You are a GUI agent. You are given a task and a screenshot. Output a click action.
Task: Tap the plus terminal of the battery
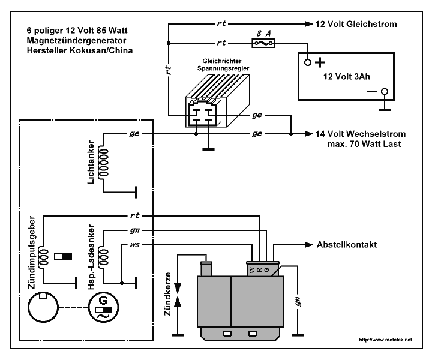pyautogui.click(x=308, y=62)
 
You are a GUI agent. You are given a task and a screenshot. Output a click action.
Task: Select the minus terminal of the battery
pyautogui.click(x=385, y=91)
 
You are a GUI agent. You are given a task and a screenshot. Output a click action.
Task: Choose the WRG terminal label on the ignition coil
pyautogui.click(x=260, y=270)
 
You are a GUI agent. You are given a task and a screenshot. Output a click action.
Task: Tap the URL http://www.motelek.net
pyautogui.click(x=385, y=340)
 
